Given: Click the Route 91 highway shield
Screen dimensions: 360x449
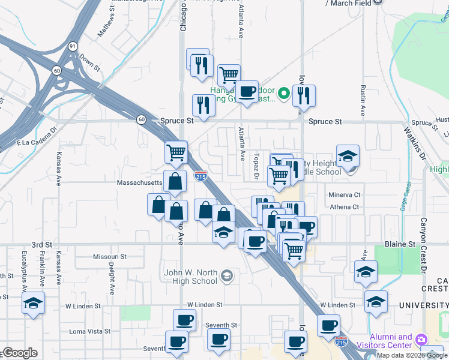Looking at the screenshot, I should (72, 46).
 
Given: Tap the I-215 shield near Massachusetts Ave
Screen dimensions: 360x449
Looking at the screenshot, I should (201, 176).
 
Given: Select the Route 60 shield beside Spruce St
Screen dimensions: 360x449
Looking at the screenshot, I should (141, 119).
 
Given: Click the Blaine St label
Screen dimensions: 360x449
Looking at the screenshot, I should (403, 244).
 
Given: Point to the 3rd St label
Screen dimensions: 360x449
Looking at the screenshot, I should (41, 245).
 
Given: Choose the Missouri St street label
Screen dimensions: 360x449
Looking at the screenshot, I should (109, 256).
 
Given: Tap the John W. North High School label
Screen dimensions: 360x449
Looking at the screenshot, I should (191, 277).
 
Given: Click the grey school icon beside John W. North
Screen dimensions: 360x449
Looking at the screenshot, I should (226, 276).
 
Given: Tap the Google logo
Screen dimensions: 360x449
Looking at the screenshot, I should (19, 353).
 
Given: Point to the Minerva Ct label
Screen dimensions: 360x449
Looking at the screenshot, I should (344, 195).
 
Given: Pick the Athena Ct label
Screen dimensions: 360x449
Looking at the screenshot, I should (344, 207).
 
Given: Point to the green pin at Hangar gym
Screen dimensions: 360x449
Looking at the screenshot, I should (284, 94).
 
